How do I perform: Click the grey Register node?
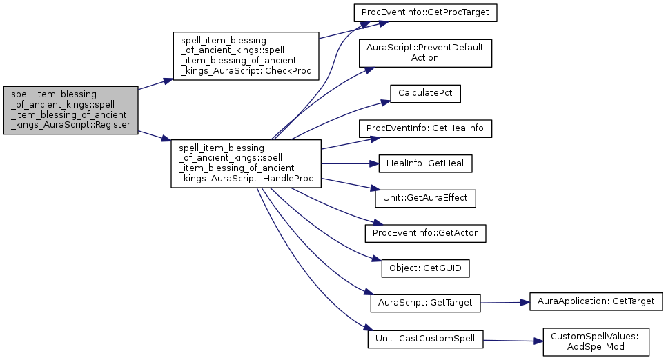(x=70, y=110)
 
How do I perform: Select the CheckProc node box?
(x=245, y=56)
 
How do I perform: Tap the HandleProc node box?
(x=245, y=163)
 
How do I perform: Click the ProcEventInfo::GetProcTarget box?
(x=425, y=12)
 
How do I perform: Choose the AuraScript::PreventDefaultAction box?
(x=425, y=53)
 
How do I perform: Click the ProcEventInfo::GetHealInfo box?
(x=425, y=128)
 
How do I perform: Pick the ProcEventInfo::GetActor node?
(x=425, y=233)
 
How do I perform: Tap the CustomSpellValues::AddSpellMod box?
(x=596, y=341)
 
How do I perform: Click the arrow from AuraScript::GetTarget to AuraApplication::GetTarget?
(x=504, y=302)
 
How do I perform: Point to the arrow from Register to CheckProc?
(x=155, y=84)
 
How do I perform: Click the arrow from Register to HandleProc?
(x=155, y=136)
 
